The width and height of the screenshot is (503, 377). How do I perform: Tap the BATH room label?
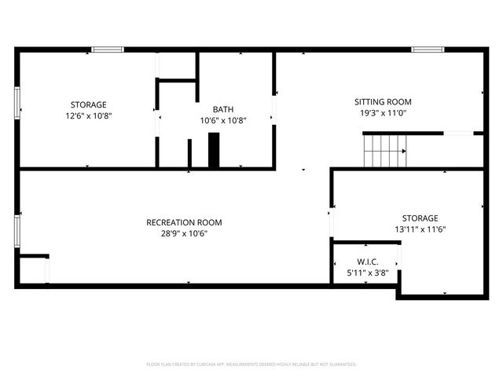[x=222, y=109]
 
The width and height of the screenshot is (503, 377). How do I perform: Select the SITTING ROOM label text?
[x=383, y=102]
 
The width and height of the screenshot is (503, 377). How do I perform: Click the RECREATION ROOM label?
[x=184, y=222]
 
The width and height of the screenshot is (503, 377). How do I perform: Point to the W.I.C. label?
[x=367, y=262]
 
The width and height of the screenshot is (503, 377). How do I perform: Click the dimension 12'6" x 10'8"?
[x=88, y=115]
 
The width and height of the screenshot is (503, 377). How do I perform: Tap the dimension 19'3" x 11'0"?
[x=383, y=113]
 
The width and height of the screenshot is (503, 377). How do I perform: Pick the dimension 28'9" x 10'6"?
[x=184, y=233]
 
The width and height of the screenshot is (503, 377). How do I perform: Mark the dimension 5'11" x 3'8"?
[x=367, y=273]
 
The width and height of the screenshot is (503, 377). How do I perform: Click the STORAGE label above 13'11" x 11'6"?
[x=420, y=218]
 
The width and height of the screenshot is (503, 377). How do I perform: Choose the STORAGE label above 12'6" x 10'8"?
[x=88, y=104]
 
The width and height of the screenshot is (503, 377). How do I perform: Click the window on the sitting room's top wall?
[x=428, y=49]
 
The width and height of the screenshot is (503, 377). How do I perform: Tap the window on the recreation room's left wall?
[x=17, y=232]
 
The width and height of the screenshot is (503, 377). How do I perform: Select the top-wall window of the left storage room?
[x=107, y=49]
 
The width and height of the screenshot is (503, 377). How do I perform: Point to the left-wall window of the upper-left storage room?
[x=17, y=102]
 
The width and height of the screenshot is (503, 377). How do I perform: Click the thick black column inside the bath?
[x=214, y=150]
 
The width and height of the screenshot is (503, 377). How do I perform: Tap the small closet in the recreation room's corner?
[x=34, y=270]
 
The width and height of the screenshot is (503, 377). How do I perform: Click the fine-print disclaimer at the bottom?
[x=251, y=364]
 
